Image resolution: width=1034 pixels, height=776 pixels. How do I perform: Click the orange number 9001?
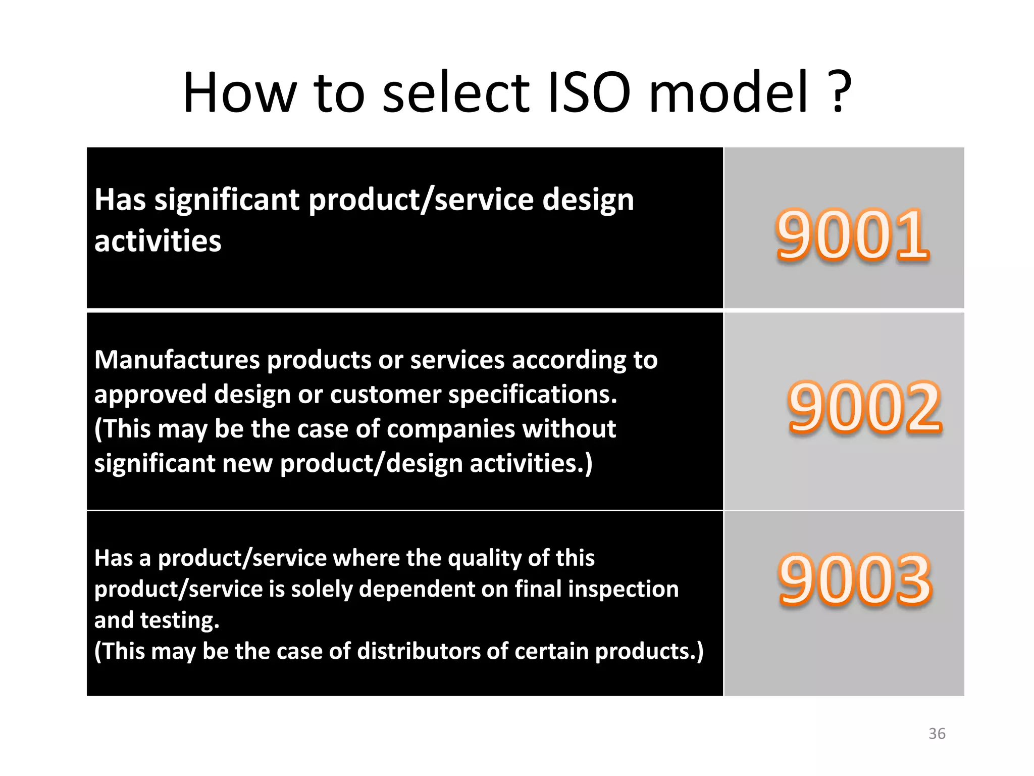852,235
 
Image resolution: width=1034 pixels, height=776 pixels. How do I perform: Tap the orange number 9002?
865,408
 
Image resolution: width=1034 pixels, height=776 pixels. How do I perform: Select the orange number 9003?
855,579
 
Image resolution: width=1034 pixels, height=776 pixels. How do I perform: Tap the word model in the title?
729,93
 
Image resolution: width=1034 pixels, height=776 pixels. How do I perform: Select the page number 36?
937,734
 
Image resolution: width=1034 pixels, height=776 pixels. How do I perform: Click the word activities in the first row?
158,241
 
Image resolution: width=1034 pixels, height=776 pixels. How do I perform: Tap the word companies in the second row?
450,429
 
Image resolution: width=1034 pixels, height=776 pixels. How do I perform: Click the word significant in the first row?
227,200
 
